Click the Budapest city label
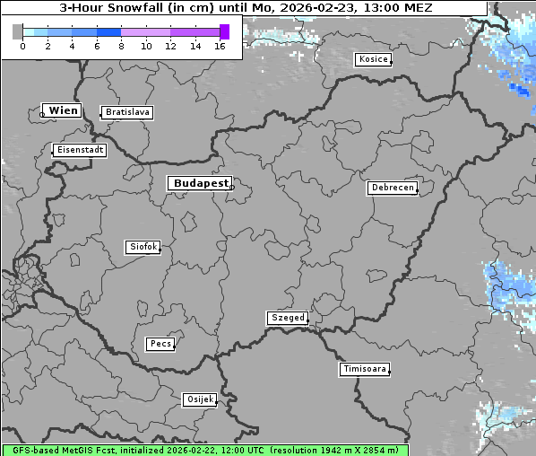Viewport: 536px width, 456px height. (x=200, y=183)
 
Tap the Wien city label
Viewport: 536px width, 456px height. (x=64, y=110)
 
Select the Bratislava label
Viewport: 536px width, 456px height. (x=126, y=112)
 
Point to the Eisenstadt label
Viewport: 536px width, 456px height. (x=80, y=150)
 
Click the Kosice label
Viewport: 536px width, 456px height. (x=372, y=59)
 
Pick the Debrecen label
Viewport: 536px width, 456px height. (x=392, y=188)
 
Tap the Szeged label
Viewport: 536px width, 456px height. (x=287, y=318)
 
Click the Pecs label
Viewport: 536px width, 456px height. (x=160, y=344)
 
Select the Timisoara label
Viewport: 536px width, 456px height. (x=364, y=369)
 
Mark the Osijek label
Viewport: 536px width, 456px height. (x=200, y=399)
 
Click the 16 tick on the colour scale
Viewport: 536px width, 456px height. (x=220, y=46)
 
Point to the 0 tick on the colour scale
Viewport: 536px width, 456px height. (x=22, y=46)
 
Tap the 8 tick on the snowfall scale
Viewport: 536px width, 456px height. (x=121, y=46)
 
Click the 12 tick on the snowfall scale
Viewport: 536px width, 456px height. (x=170, y=46)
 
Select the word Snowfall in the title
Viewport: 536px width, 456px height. (x=139, y=7)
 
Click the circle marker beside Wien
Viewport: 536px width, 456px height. (x=42, y=114)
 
